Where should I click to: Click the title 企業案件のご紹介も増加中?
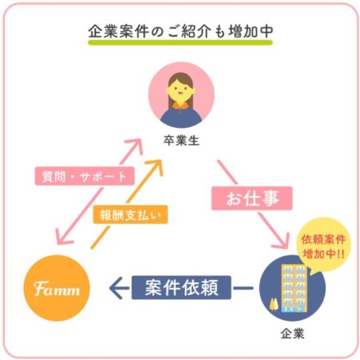point(181,31)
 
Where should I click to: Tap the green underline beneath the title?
point(180,42)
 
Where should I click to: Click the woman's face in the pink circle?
point(181,91)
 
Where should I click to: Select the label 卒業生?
point(182,140)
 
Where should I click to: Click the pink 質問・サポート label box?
point(85,176)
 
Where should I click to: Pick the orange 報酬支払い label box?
point(130,214)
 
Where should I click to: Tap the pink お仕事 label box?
point(252,198)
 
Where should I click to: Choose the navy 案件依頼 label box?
point(182,287)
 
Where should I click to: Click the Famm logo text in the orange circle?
point(57,289)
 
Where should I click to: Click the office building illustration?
point(294,288)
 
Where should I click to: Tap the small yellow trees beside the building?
point(274,305)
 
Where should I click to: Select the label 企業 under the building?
point(293,334)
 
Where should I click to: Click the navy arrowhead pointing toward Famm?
point(118,288)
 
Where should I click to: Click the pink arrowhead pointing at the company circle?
point(282,242)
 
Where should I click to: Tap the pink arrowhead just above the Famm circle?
point(63,238)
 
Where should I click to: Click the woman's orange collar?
point(182,106)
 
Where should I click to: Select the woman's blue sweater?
point(182,118)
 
